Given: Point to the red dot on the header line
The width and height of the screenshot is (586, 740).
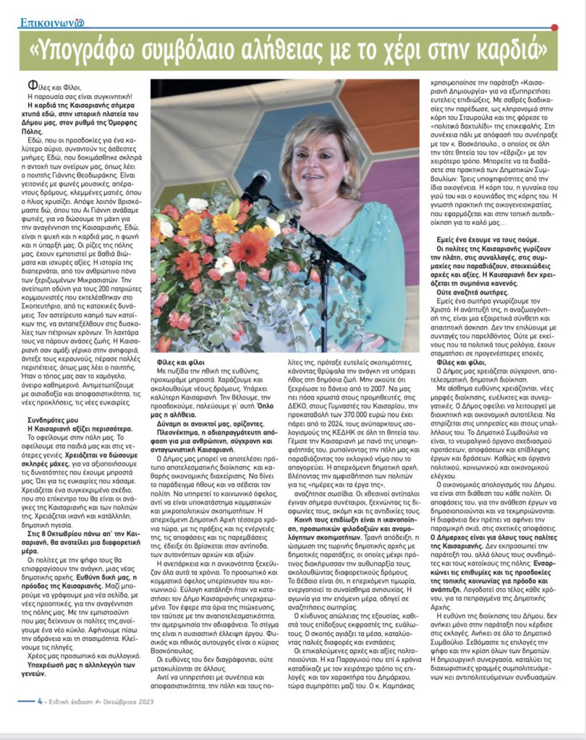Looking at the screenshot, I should (554, 27).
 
